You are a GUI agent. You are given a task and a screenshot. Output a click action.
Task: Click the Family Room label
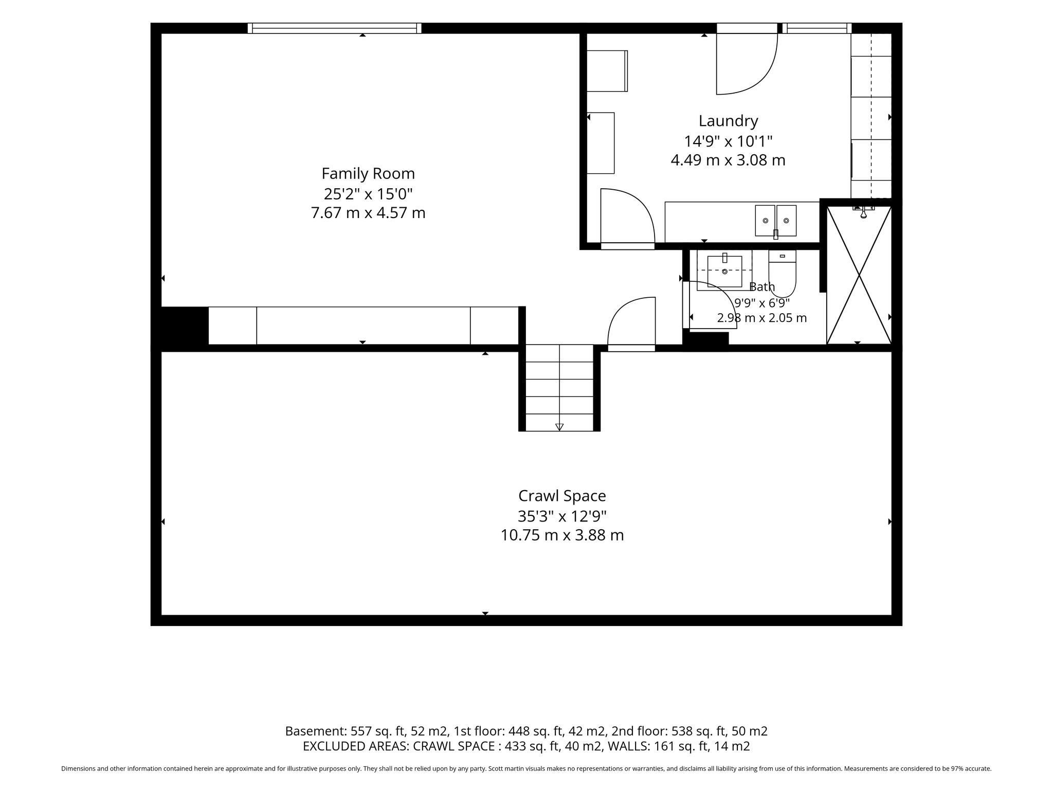(368, 174)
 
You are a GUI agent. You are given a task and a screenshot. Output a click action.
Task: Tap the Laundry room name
(728, 121)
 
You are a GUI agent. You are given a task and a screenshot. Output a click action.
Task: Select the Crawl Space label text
(562, 496)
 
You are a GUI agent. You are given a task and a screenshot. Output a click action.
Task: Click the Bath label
(762, 287)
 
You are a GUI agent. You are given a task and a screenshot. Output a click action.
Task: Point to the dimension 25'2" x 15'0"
(368, 194)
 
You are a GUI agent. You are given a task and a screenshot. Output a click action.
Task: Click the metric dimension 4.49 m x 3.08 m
(728, 160)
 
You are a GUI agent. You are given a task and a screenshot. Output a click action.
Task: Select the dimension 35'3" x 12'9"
(562, 516)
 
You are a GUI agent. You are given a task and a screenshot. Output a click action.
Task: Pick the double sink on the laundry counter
(775, 221)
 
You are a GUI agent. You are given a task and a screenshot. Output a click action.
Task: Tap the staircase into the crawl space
(559, 388)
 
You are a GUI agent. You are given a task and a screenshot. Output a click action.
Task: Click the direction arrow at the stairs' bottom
(559, 427)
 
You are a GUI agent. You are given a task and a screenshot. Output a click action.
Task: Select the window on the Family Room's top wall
(334, 28)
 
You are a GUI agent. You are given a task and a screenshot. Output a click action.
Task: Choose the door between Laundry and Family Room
(627, 219)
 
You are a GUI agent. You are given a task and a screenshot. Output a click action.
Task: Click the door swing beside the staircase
(632, 324)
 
